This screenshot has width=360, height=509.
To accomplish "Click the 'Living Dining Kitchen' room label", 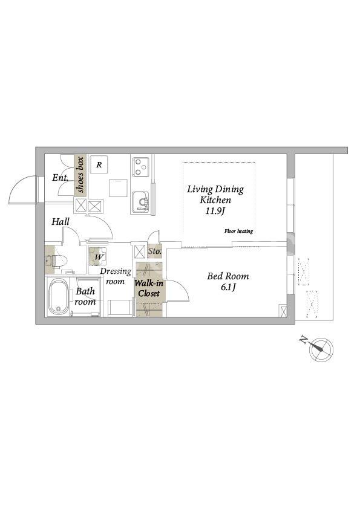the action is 215,194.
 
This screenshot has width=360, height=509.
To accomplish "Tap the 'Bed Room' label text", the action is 227,276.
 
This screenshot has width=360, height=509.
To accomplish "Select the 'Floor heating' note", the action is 238,231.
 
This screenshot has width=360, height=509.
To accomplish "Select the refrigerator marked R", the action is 99,164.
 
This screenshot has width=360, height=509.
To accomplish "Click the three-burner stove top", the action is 141,167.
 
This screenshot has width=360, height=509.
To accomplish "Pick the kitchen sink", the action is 140,203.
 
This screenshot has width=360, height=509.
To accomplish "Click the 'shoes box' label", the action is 80,175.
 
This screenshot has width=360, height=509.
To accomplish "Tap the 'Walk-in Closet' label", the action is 149,288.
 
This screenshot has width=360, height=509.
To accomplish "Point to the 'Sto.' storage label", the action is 155,251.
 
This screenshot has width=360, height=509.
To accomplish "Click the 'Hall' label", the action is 61,222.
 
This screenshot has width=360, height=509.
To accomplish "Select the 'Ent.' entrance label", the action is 61,178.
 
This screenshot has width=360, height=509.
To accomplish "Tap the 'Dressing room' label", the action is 116,276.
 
